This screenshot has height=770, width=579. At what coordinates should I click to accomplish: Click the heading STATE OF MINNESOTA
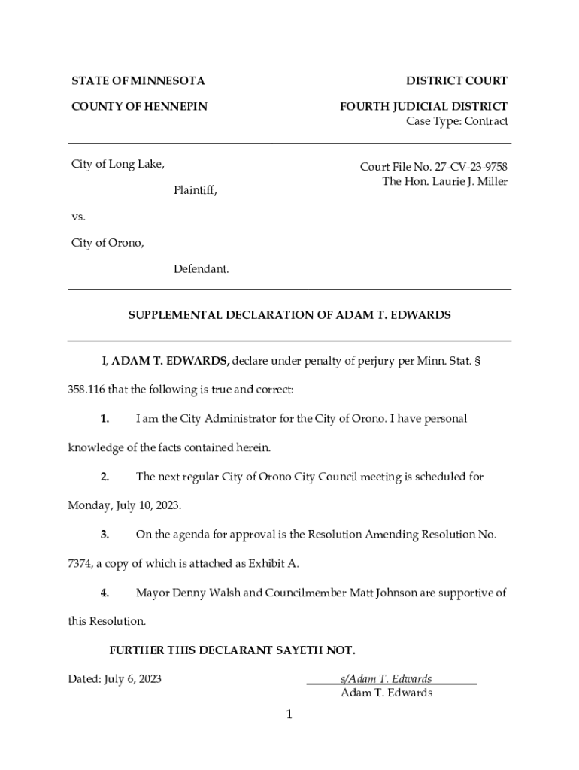point(138,80)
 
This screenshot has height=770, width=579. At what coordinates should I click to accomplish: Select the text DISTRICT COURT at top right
point(456,80)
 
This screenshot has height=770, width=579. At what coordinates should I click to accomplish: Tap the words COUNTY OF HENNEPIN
point(139,107)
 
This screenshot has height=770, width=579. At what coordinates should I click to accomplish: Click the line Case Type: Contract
point(456,121)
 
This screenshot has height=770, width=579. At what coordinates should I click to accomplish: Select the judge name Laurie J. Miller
point(465,181)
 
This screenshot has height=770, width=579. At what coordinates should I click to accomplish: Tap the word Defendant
point(201,268)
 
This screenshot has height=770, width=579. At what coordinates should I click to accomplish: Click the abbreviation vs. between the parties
point(79,217)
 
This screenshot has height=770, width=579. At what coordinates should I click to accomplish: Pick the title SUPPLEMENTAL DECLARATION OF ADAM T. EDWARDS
point(289,315)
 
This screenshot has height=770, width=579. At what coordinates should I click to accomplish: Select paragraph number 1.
point(105,418)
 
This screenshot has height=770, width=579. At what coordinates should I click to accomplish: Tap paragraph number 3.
point(105,535)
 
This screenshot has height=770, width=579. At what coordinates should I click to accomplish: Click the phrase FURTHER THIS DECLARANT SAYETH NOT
point(232,650)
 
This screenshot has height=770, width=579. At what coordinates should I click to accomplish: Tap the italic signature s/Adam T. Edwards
point(386,678)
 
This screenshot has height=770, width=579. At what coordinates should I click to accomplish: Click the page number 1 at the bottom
point(289,714)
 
